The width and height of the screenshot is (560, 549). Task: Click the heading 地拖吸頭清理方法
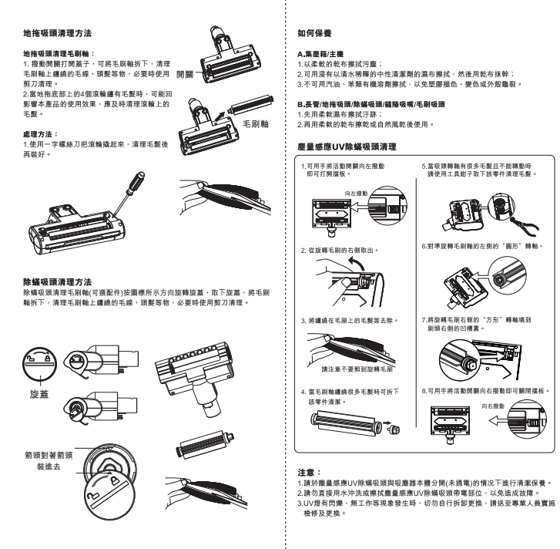point(58,33)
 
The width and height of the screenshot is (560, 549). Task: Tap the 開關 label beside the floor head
point(185,74)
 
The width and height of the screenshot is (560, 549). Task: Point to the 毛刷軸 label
point(256,124)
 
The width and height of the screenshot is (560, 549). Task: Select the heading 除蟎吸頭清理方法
point(58,281)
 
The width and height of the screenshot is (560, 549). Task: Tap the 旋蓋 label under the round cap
point(39,394)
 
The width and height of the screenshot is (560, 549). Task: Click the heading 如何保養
point(314,33)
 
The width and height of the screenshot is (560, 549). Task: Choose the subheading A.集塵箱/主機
point(320,54)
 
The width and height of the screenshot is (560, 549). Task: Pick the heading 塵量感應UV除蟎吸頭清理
point(347,147)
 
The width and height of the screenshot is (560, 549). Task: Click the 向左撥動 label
point(356,194)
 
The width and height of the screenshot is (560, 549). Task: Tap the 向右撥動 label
point(493,406)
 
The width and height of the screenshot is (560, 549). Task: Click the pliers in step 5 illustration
point(525,226)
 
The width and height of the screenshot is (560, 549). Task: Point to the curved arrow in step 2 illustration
point(357,264)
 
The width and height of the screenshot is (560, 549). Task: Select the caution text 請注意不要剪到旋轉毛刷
point(357,369)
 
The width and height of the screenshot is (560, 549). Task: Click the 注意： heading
point(310,473)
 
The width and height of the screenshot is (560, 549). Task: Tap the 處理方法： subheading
point(41,134)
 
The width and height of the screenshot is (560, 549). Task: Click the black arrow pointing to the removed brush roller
point(220,116)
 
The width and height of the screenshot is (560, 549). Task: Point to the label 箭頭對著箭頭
point(49,455)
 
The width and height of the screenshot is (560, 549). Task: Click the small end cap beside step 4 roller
point(394,428)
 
